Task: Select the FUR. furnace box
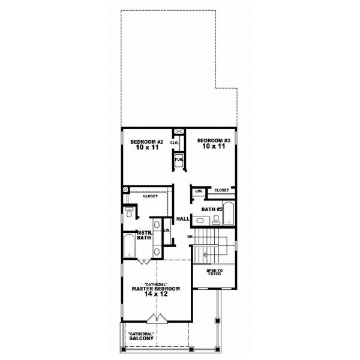click(178, 160)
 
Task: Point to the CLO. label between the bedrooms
click(175, 143)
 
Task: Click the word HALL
click(183, 219)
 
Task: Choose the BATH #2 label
click(212, 209)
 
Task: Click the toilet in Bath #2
click(216, 219)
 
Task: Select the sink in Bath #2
click(200, 220)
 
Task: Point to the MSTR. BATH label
click(143, 235)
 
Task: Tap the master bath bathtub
click(129, 247)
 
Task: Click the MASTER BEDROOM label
click(156, 288)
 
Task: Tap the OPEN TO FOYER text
click(214, 272)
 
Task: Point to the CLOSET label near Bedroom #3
click(221, 190)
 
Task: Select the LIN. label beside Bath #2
click(197, 191)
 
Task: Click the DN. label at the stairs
click(190, 236)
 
